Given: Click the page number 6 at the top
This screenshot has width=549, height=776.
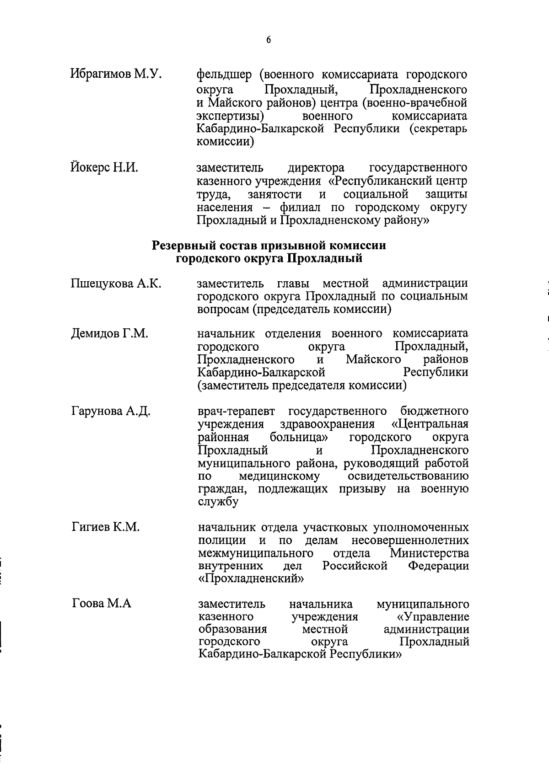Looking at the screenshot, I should [x=269, y=40].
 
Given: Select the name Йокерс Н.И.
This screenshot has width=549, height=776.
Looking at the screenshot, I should [x=104, y=168].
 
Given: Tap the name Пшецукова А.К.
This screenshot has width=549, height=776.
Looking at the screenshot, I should [x=116, y=284].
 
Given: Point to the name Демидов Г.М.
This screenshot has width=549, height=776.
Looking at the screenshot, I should [x=110, y=334].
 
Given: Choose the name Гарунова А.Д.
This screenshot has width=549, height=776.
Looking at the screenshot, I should [x=111, y=412].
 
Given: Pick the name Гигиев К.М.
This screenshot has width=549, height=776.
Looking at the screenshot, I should [x=106, y=527].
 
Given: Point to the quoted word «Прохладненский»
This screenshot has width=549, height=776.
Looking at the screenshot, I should [x=251, y=579].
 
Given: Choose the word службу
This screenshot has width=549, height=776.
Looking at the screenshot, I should [x=218, y=502].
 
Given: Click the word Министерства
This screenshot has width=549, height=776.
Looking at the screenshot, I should [x=429, y=553].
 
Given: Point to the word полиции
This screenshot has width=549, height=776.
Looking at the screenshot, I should [x=222, y=541].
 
